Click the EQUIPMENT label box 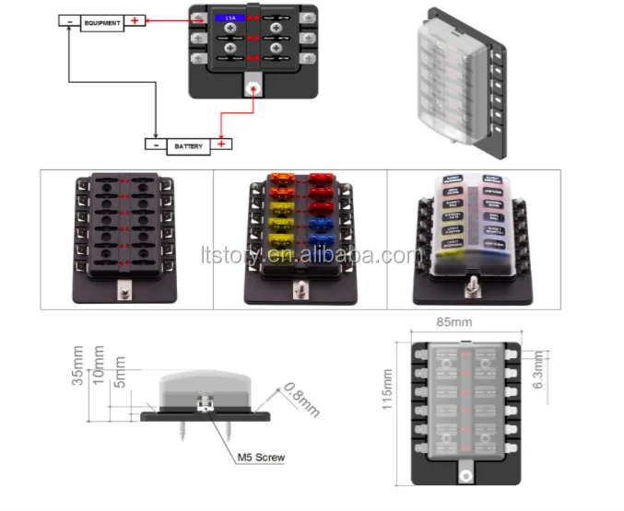[101, 22]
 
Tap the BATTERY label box [189, 145]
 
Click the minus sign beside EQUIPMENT [70, 22]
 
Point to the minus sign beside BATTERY [156, 145]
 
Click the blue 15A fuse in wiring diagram [227, 17]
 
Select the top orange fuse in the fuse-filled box [280, 179]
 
